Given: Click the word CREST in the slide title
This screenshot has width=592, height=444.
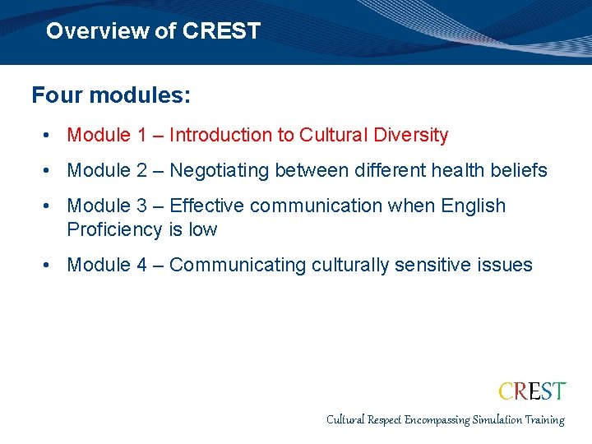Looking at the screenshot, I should [221, 31].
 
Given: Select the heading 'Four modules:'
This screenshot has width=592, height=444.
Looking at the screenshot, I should [111, 95].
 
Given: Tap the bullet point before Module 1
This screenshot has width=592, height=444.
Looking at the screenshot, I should [50, 135].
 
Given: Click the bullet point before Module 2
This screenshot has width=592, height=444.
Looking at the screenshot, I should [50, 170].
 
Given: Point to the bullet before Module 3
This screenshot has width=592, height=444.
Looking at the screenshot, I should [50, 206].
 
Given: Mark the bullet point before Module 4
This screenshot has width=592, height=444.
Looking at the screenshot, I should [50, 265].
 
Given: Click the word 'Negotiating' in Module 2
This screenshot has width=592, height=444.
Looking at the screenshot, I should [219, 170].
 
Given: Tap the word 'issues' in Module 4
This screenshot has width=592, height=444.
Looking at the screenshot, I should [510, 265].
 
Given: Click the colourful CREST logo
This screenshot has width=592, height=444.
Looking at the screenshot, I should [532, 391].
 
